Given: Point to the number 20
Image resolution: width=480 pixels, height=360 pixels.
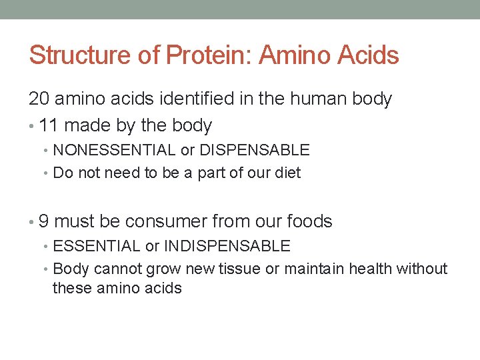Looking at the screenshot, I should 39,99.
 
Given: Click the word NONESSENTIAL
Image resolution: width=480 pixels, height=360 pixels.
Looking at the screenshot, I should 114,150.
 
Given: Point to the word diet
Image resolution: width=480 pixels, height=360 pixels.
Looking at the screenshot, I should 286,173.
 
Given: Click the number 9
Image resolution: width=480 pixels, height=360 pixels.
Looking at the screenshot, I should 44,221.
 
